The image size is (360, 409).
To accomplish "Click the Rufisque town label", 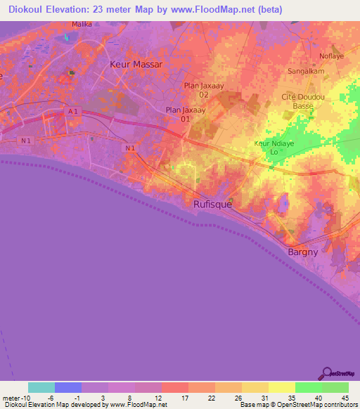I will (212, 204).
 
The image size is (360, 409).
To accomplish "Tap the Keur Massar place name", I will (136, 64).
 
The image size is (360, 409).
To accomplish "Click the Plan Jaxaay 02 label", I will (198, 89).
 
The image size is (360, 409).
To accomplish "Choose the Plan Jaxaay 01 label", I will (180, 114).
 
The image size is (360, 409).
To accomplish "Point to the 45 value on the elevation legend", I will (344, 397).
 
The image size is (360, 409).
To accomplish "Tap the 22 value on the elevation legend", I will (212, 397).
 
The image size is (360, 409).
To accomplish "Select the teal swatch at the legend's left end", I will (41, 387).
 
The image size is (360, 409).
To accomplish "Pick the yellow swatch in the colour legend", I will (281, 387).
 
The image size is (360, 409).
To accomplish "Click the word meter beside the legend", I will (10, 397).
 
